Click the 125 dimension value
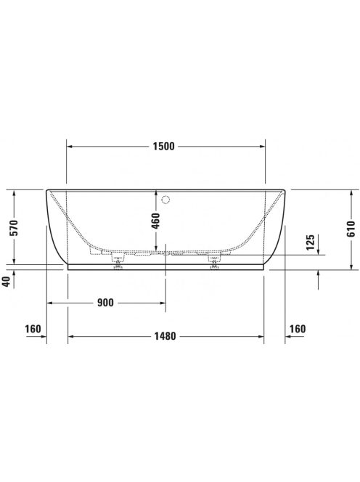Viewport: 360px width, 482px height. click(x=310, y=242)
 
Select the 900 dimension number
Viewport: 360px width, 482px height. click(x=105, y=303)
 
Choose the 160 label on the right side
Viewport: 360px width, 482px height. click(x=298, y=329)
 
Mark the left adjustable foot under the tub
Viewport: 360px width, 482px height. click(x=116, y=266)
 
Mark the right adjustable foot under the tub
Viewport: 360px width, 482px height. click(x=214, y=266)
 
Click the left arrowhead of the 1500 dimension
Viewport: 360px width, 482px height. click(x=70, y=146)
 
